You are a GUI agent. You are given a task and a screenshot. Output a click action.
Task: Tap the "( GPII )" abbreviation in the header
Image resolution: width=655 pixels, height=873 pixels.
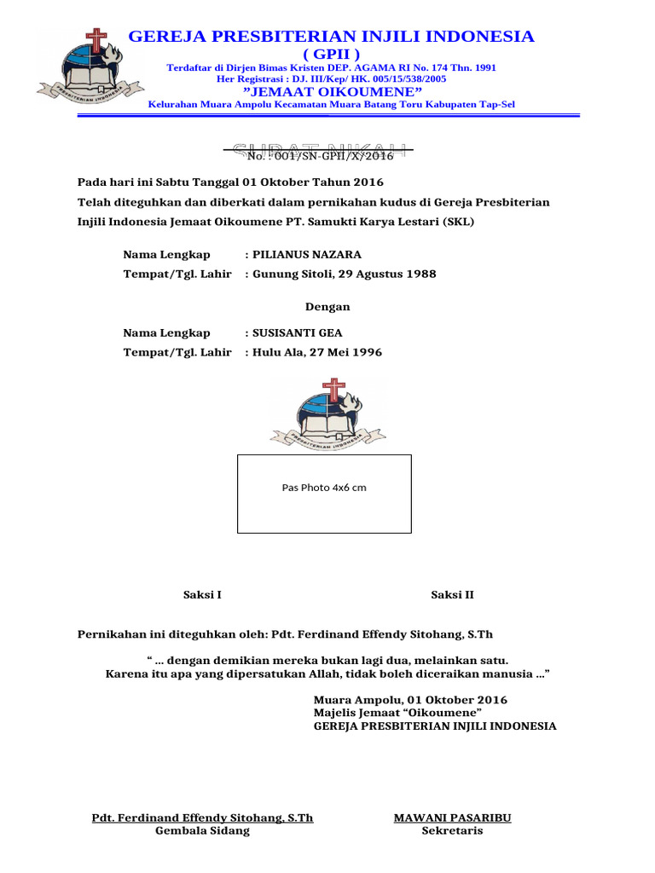pyautogui.click(x=332, y=54)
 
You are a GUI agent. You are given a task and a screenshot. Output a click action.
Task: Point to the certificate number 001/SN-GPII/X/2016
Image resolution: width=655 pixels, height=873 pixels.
pyautogui.click(x=320, y=156)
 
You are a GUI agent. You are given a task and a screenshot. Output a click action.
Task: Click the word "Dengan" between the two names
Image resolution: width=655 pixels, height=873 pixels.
pyautogui.click(x=327, y=307)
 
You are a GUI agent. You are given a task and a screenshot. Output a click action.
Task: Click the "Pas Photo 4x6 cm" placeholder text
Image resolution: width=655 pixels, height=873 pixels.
pyautogui.click(x=324, y=488)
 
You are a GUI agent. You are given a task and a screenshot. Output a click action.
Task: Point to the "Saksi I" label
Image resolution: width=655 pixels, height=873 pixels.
pyautogui.click(x=203, y=595)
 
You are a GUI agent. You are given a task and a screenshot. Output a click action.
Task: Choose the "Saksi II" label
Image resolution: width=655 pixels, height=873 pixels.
pyautogui.click(x=452, y=595)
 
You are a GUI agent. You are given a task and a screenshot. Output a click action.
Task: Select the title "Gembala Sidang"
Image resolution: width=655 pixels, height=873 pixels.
pyautogui.click(x=202, y=831)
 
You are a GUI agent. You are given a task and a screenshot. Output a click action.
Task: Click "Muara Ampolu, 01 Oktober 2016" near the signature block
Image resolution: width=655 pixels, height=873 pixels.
pyautogui.click(x=410, y=700)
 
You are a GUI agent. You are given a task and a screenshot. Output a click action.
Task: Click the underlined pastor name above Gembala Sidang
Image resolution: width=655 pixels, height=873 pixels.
pyautogui.click(x=202, y=818)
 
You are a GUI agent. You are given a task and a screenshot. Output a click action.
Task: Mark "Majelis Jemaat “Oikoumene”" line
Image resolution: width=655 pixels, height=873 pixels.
pyautogui.click(x=398, y=713)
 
